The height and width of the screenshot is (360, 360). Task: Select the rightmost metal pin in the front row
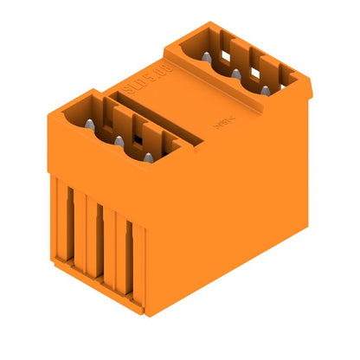[x=148, y=157]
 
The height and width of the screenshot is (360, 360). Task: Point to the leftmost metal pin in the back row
[x=207, y=58]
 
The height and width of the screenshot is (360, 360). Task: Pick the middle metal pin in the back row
[x=234, y=73]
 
